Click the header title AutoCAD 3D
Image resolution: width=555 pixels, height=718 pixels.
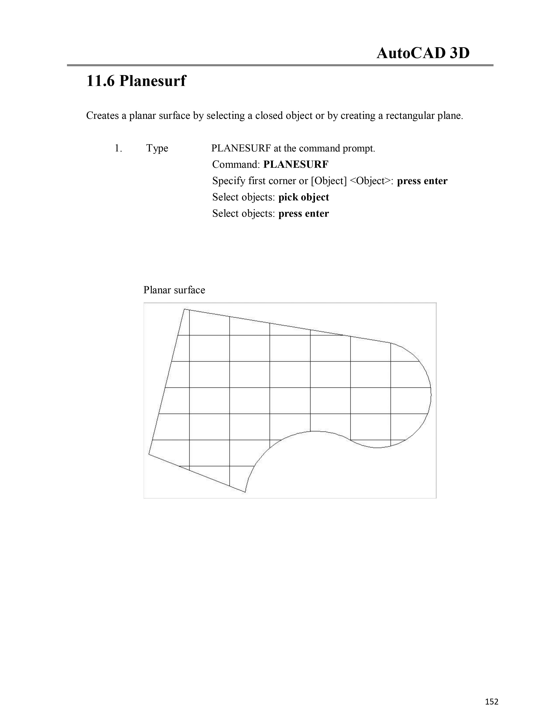[423, 53]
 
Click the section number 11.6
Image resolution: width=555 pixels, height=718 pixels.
[100, 81]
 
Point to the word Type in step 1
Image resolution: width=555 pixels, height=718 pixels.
[157, 149]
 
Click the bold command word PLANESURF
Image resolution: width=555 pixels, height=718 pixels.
[296, 164]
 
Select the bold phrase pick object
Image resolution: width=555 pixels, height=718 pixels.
[303, 197]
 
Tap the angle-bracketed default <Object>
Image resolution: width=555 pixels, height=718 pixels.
[372, 181]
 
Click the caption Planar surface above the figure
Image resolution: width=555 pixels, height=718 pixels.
[174, 290]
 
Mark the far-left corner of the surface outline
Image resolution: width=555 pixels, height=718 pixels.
[149, 454]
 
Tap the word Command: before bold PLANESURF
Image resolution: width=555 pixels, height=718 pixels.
[236, 164]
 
